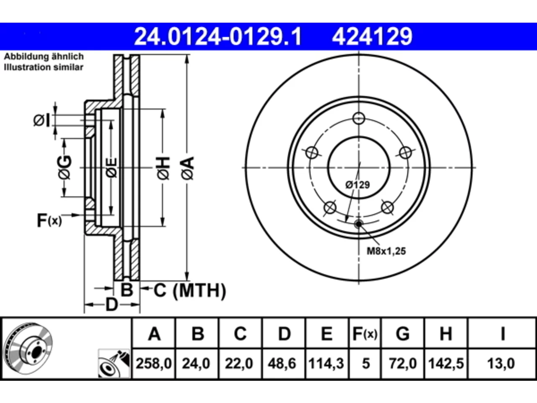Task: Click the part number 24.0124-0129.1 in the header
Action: tap(218, 37)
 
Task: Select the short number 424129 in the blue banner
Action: tap(372, 37)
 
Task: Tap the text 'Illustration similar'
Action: tap(44, 67)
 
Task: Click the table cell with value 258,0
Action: tap(154, 363)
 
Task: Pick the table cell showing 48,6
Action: tap(282, 363)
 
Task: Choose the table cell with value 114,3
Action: tap(326, 363)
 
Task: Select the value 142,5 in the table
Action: tap(446, 363)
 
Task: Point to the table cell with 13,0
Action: tap(501, 363)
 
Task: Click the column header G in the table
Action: tap(402, 333)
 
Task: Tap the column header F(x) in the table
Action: tap(365, 333)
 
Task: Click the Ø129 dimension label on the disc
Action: tap(357, 185)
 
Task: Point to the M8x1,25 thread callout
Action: tap(386, 251)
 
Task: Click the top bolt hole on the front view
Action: tap(359, 118)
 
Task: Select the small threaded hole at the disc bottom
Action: tap(359, 224)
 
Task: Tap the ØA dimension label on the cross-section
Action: tap(188, 168)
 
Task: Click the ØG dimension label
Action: tap(65, 168)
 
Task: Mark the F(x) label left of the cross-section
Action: tap(49, 220)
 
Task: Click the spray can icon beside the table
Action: tap(114, 364)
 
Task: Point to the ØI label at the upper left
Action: tap(42, 120)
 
